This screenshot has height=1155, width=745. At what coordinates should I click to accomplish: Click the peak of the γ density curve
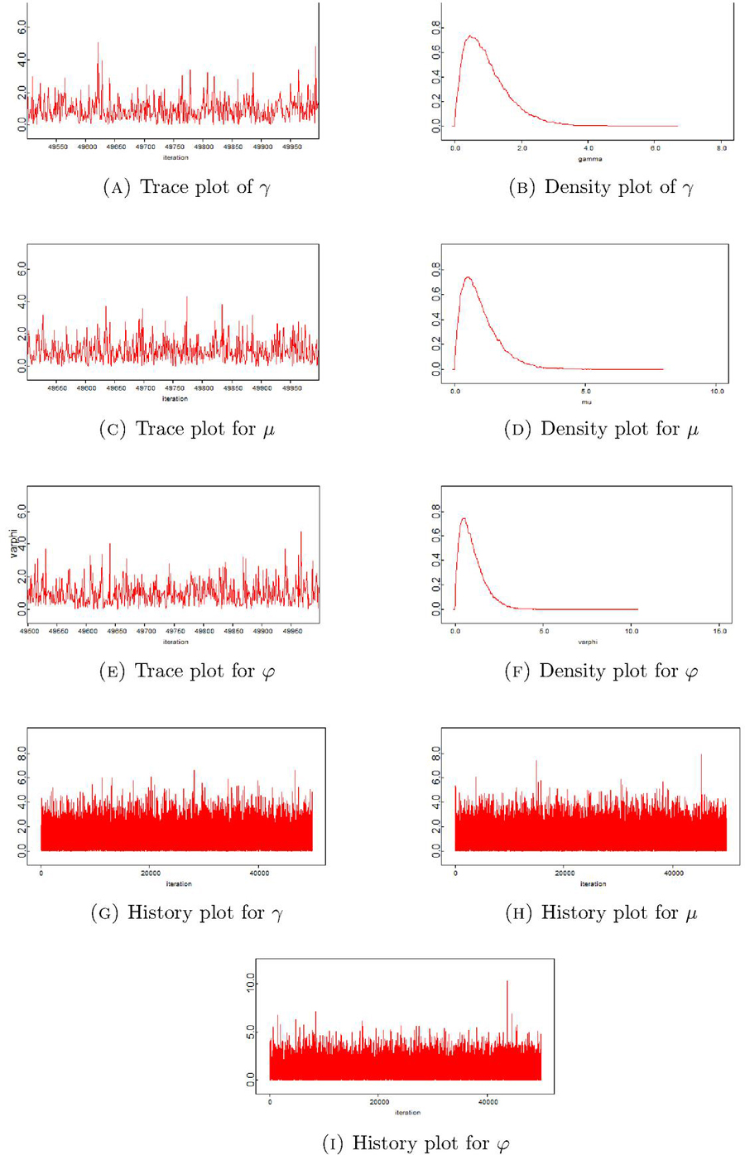click(x=470, y=36)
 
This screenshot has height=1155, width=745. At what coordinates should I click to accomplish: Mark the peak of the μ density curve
click(x=469, y=277)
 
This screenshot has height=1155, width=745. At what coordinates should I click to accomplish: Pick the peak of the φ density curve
click(x=464, y=518)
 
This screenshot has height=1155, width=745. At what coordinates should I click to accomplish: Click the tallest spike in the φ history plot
click(x=507, y=981)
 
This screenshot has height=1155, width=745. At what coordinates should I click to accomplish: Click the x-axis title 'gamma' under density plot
click(x=590, y=159)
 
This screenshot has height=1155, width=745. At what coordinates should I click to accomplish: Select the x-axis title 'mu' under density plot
click(x=586, y=402)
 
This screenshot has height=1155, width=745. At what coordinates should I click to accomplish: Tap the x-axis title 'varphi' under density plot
click(x=588, y=642)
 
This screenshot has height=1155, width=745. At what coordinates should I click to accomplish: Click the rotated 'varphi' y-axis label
click(x=14, y=542)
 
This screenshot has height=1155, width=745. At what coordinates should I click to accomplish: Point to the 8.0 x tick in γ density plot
click(x=722, y=148)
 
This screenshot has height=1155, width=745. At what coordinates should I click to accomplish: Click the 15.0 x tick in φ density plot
click(x=720, y=631)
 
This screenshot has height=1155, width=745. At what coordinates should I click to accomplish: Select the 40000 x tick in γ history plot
click(x=259, y=873)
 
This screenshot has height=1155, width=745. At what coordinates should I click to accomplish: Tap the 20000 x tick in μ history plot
click(x=565, y=873)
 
